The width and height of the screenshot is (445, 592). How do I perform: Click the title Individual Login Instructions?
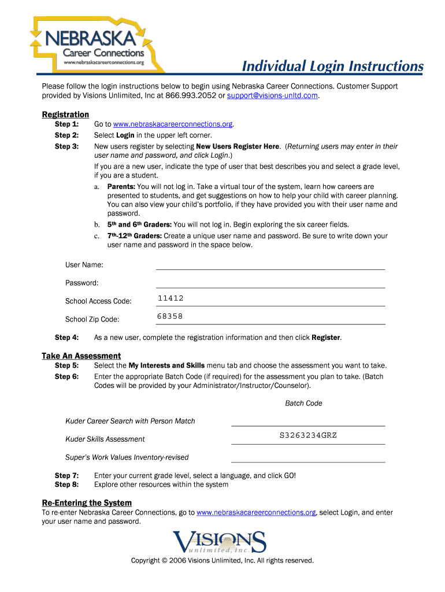point(332,66)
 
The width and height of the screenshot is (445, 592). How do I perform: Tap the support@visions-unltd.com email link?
point(272,95)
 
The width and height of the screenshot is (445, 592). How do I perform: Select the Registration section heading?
point(65,114)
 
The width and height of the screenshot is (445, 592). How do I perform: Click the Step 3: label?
point(66,146)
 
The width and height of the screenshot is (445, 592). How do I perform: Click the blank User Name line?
point(270,265)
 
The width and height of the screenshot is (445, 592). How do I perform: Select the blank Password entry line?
point(270,283)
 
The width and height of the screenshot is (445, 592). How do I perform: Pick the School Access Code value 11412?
point(170,298)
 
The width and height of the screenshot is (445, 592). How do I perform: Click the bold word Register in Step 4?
point(326,338)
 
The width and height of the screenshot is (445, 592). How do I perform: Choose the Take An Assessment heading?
point(81,356)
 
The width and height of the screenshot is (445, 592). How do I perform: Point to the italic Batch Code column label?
point(303,403)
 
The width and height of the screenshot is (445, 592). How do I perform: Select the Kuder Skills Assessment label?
point(105,439)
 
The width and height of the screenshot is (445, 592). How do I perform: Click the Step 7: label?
point(66,475)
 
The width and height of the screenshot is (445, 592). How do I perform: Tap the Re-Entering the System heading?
point(87,502)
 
